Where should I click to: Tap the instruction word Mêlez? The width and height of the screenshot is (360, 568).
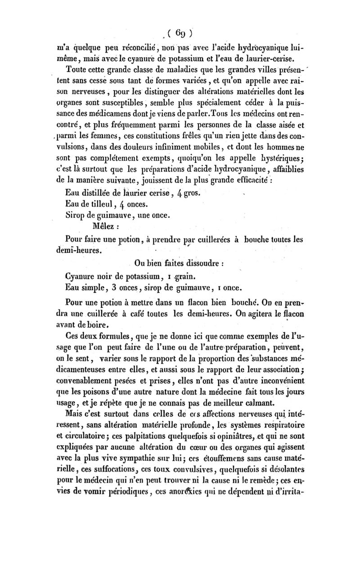pos(105,227)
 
